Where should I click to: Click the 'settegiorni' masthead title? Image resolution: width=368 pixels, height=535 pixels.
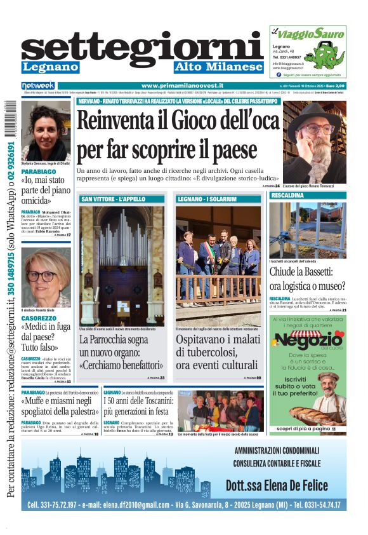(x=142, y=47)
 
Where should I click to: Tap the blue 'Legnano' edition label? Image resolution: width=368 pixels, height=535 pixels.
(x=50, y=67)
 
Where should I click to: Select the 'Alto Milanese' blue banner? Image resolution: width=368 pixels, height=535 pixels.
(x=218, y=67)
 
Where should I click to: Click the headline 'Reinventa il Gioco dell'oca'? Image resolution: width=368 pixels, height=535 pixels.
(x=177, y=121)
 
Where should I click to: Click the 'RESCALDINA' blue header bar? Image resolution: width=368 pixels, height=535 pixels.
(x=308, y=195)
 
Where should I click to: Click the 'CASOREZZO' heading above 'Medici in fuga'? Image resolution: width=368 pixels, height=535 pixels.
(x=39, y=318)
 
